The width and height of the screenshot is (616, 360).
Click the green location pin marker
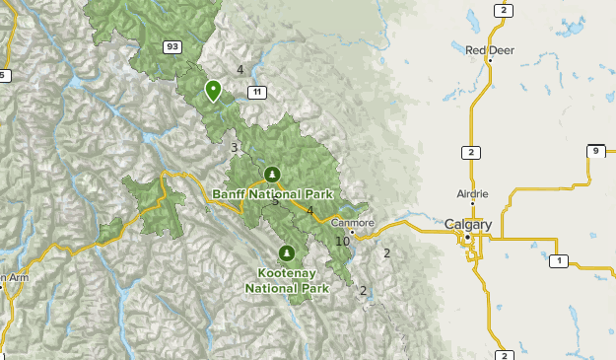[x=213, y=91]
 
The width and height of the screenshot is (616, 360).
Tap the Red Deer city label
[x=489, y=50]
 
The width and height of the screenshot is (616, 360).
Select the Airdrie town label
[x=472, y=193]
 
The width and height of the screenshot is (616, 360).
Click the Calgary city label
[x=468, y=225]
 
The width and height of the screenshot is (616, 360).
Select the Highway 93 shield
[x=173, y=46]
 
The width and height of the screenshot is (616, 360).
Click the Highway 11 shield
[x=257, y=92]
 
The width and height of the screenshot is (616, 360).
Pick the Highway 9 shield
[x=595, y=151]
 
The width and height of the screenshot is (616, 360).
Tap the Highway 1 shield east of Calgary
[x=559, y=260]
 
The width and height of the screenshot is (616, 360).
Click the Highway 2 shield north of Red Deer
[x=503, y=10]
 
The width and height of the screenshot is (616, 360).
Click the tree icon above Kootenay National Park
[x=287, y=253]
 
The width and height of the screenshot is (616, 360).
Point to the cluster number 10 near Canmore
[x=342, y=242]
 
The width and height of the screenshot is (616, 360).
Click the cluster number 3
[x=235, y=148]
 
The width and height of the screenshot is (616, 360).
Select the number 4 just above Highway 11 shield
[x=240, y=69]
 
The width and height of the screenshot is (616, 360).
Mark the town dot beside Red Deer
[x=490, y=61]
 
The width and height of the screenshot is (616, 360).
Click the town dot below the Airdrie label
[x=473, y=205]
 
